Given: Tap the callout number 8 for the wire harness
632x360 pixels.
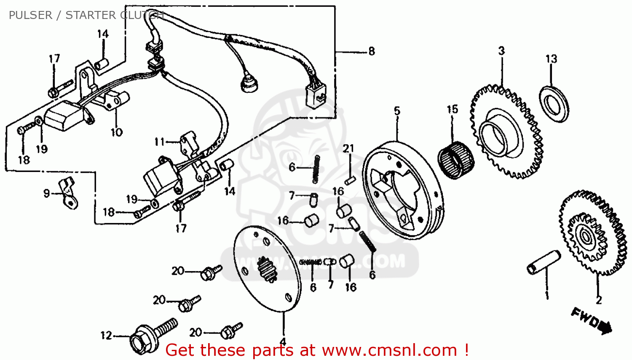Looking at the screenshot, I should (371, 51).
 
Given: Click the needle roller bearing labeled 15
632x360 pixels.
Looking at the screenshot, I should (456, 160).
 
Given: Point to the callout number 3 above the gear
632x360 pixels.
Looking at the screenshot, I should (501, 51).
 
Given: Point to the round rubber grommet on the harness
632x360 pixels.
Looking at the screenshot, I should (249, 84).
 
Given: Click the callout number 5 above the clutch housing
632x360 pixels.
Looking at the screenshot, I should (397, 111).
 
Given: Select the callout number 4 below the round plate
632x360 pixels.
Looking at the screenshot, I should (283, 341).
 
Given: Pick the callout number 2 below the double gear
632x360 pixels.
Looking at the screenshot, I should (599, 300).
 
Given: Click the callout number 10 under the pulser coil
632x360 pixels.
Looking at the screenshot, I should (117, 132).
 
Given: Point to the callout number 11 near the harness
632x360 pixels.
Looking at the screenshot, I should (159, 142).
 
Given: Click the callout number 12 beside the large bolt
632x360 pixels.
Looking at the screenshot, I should (106, 336).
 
